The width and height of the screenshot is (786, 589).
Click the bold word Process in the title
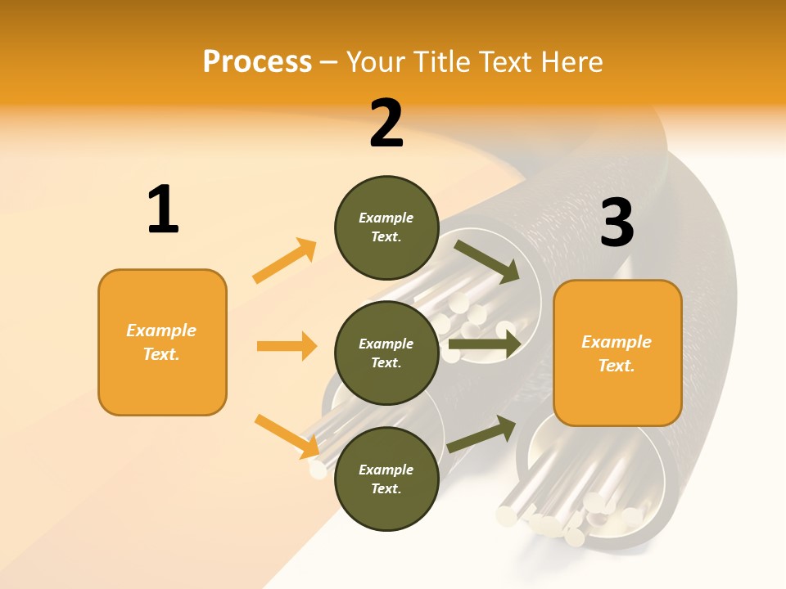pos(257,62)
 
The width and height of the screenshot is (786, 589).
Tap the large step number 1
pos(163,209)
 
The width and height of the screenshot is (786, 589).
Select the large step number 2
pos(386,124)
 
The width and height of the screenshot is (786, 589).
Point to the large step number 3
pos(617,223)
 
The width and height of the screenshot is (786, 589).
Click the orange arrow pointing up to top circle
pos(284,261)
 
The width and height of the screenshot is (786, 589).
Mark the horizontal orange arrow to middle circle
pos(287,346)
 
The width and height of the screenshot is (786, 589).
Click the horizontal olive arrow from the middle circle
pos(485,345)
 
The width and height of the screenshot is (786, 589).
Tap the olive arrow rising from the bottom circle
pos(481,434)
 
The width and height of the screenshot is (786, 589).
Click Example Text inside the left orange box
pos(161,342)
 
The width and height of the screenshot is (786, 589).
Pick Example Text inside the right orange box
pos(617,353)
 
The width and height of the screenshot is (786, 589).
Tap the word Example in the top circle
pos(386,218)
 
